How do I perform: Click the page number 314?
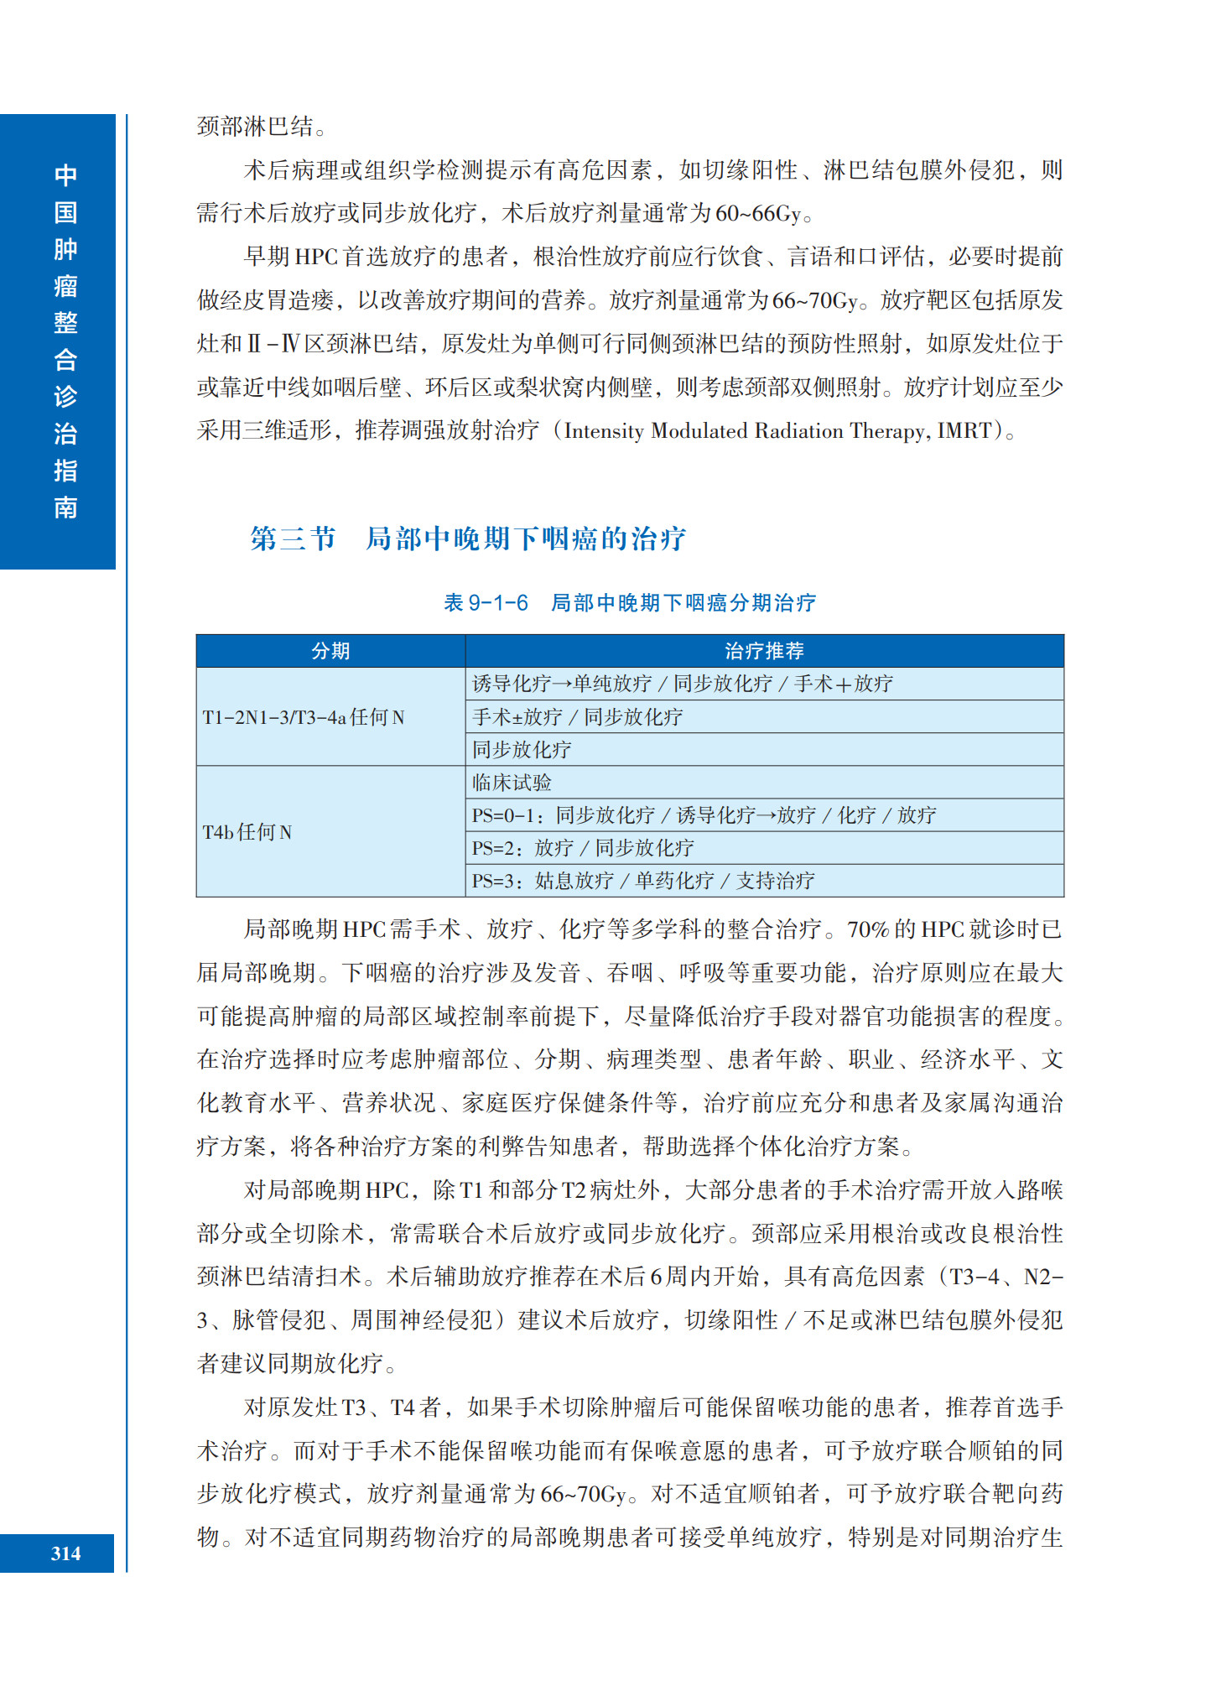[65, 1553]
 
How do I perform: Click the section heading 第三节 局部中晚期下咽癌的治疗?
[468, 539]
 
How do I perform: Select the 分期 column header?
[330, 651]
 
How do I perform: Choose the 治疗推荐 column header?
[764, 651]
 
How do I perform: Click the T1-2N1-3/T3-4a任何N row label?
[304, 717]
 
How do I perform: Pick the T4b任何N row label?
[247, 832]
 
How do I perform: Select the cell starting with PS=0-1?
[704, 815]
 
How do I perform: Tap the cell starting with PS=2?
[583, 848]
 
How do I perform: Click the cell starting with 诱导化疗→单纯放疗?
[683, 684]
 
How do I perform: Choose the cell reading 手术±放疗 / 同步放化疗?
[578, 717]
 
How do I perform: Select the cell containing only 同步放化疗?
[522, 750]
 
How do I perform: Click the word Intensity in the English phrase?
[604, 431]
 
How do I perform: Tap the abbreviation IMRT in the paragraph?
[964, 431]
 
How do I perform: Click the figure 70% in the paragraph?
[868, 930]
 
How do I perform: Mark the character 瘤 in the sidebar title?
[65, 286]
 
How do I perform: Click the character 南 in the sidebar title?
[65, 507]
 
